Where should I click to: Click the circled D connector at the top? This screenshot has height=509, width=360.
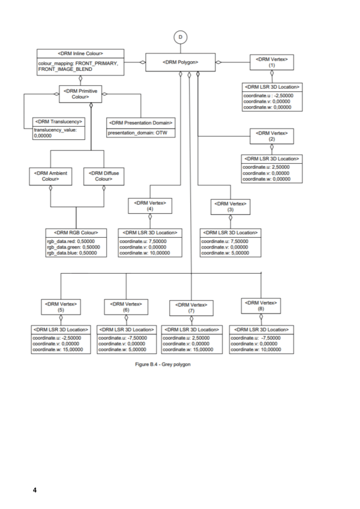(181, 37)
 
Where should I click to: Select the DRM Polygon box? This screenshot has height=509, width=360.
(180, 62)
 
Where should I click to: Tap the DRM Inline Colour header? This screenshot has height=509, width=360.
(80, 53)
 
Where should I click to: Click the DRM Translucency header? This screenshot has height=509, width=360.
(59, 122)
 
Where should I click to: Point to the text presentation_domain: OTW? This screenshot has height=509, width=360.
(137, 133)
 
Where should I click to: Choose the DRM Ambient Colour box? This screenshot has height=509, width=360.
(50, 176)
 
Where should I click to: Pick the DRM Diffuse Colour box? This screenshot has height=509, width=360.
(104, 176)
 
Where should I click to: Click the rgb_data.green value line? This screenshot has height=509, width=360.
(73, 247)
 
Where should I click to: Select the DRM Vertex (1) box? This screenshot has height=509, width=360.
(272, 62)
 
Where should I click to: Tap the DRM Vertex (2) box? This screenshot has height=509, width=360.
(272, 136)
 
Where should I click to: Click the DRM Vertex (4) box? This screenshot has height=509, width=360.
(150, 206)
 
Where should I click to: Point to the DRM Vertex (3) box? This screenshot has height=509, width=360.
(230, 206)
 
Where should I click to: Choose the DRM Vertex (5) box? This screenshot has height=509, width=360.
(61, 307)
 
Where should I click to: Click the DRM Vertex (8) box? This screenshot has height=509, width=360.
(261, 306)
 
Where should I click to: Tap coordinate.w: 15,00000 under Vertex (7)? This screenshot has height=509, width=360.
(188, 349)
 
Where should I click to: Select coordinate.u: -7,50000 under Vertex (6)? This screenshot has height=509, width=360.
(123, 338)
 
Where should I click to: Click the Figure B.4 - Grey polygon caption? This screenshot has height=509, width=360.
(163, 364)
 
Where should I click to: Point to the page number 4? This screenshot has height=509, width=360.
(35, 490)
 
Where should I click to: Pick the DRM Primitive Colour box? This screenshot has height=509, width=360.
(80, 94)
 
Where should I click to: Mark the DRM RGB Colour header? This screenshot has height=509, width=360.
(76, 233)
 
